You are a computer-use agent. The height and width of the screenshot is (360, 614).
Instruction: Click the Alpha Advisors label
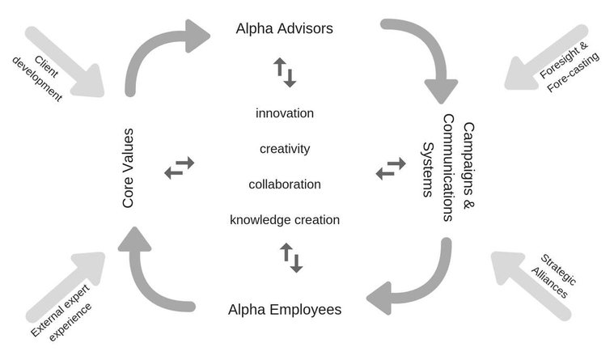point(284,28)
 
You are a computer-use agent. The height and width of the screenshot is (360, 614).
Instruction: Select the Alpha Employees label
point(285,310)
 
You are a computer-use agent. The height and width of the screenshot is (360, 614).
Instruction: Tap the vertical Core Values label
point(128,167)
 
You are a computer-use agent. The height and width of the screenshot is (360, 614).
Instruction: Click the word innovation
point(285,113)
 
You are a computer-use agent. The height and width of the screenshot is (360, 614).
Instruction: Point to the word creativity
point(285,149)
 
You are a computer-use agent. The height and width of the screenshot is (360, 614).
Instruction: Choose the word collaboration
point(285,184)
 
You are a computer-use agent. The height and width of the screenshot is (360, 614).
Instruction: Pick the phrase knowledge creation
point(285,220)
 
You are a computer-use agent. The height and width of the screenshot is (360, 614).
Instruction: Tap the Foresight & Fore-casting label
point(569,66)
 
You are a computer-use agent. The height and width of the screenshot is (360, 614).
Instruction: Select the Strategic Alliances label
point(553,277)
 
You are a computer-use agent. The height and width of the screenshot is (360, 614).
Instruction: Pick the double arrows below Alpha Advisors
point(285,73)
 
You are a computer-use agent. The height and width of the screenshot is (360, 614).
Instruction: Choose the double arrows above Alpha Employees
point(291,258)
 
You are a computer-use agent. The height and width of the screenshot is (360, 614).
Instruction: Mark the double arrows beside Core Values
point(180,167)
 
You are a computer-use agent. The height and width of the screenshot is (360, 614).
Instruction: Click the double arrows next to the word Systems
point(391,168)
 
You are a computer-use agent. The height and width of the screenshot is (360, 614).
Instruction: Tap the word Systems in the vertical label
point(428,169)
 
